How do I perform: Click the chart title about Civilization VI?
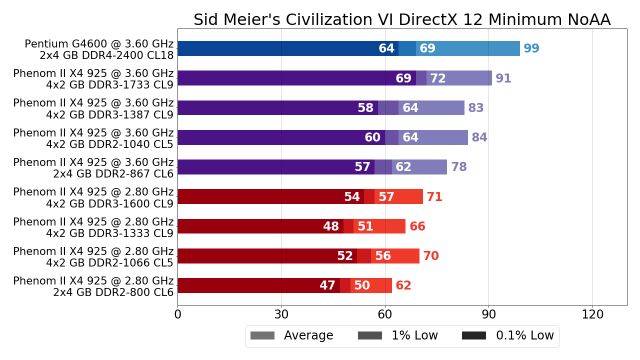(x=402, y=20)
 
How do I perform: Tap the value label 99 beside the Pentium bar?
(x=531, y=49)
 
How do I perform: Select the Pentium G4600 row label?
(x=99, y=49)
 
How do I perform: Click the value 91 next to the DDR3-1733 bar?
(x=503, y=78)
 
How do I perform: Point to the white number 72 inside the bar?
(x=438, y=78)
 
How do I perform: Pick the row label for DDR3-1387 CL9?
(x=93, y=108)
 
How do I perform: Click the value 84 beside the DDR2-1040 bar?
(x=479, y=137)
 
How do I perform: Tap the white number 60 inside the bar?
(x=372, y=137)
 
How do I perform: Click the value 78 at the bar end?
(x=459, y=167)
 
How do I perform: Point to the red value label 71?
(x=434, y=197)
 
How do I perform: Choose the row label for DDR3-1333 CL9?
(x=93, y=227)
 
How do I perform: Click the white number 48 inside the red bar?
(x=331, y=226)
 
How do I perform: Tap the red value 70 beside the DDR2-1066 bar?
(x=431, y=256)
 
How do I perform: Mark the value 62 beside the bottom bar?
(x=403, y=285)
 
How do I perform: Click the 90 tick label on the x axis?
(x=488, y=314)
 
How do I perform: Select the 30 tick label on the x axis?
(x=281, y=314)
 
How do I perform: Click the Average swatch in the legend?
(x=262, y=335)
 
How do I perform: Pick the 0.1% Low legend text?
(x=524, y=335)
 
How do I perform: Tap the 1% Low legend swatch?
(x=370, y=335)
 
